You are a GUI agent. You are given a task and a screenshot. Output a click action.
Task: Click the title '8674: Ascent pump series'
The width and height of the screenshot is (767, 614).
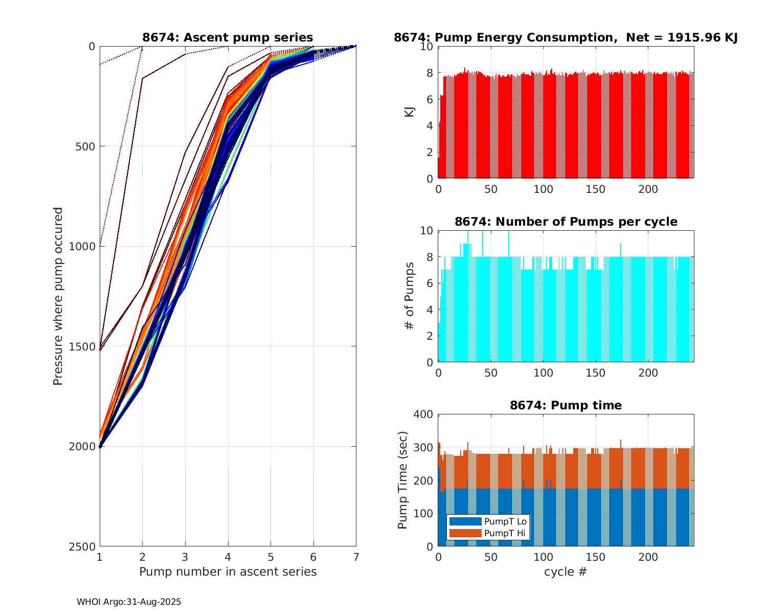click(228, 37)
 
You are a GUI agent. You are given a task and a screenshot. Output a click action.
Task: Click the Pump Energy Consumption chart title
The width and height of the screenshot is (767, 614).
click(566, 37)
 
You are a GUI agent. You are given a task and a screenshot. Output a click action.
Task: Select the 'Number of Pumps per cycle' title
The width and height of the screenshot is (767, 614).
click(566, 222)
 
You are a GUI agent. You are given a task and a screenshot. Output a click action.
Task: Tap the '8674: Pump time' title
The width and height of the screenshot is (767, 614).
click(566, 405)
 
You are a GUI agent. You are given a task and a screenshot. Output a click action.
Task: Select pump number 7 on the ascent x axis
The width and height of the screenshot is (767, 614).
click(356, 556)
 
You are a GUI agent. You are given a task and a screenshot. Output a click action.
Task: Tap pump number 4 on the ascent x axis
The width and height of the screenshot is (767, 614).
click(228, 556)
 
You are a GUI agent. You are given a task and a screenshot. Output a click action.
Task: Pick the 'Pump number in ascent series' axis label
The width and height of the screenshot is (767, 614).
click(228, 572)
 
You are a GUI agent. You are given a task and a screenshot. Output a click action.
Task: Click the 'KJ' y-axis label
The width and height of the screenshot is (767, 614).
click(410, 112)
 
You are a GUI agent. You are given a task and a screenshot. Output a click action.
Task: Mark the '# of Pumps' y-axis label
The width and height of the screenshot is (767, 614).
click(410, 296)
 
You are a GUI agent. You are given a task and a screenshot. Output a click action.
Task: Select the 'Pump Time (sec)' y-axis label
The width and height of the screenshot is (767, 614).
click(403, 480)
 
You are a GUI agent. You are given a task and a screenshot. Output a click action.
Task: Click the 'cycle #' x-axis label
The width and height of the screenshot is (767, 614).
click(566, 572)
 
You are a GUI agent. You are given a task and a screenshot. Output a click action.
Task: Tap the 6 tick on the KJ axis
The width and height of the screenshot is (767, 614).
click(430, 99)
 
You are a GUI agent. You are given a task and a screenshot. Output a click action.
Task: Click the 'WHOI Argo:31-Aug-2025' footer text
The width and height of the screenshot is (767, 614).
click(129, 602)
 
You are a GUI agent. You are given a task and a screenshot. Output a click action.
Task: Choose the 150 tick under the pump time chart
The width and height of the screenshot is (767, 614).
click(596, 557)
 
